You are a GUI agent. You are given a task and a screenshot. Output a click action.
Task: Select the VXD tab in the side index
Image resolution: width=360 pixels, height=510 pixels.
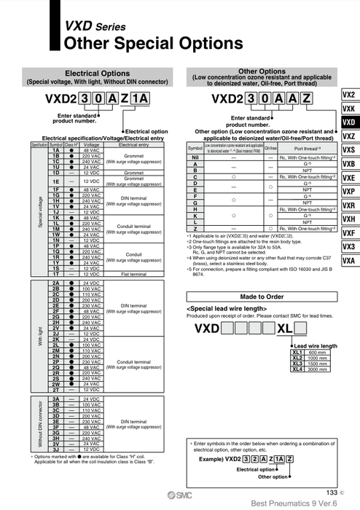(348, 122)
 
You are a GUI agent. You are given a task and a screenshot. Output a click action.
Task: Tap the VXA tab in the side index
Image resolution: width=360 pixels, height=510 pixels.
(348, 260)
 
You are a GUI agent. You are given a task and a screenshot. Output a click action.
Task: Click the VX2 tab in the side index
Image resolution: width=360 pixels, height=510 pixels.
(348, 95)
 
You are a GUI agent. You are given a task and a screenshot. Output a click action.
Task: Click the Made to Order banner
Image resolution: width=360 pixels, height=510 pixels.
(262, 297)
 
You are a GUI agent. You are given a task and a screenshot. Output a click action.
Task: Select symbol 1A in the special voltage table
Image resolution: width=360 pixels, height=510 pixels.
(55, 150)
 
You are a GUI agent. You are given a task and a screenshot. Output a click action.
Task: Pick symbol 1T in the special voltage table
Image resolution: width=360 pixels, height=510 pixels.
(55, 273)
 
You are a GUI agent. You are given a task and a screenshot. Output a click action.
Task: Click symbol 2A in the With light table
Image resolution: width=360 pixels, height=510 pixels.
(55, 282)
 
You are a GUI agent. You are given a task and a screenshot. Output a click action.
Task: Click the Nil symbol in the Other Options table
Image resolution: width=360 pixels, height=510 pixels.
(195, 157)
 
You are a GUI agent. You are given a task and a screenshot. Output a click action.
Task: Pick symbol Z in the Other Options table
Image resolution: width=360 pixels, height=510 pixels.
(195, 229)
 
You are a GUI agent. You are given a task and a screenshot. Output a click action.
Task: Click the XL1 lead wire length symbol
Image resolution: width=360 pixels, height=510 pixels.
(297, 352)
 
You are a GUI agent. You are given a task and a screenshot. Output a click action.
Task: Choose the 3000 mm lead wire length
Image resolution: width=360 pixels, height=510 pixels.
(318, 369)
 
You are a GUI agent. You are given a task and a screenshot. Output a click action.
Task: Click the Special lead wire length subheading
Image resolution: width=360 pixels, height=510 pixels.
(227, 308)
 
